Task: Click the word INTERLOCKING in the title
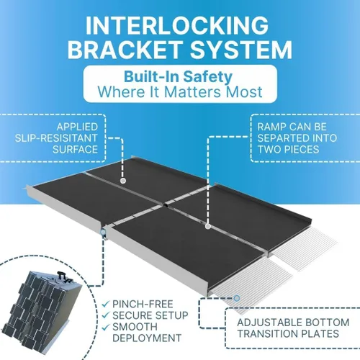click(x=177, y=26)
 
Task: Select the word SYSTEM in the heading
click(x=241, y=50)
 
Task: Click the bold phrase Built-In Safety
click(x=178, y=76)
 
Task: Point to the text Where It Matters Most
click(x=180, y=92)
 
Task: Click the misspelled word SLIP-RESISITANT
click(x=56, y=138)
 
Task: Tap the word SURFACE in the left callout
click(x=75, y=150)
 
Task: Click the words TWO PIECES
click(x=288, y=150)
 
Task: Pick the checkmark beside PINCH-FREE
click(x=105, y=305)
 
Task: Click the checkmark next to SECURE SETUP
click(x=105, y=315)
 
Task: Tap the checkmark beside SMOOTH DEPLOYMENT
click(x=105, y=327)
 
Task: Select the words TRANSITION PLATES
click(x=288, y=334)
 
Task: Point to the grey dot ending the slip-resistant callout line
click(x=123, y=181)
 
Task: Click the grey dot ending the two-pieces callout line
click(x=208, y=226)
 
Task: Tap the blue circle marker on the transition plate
click(x=237, y=298)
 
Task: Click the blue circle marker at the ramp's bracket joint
click(x=103, y=232)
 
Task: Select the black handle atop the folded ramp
click(x=60, y=275)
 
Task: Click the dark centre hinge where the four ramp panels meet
click(x=166, y=205)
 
